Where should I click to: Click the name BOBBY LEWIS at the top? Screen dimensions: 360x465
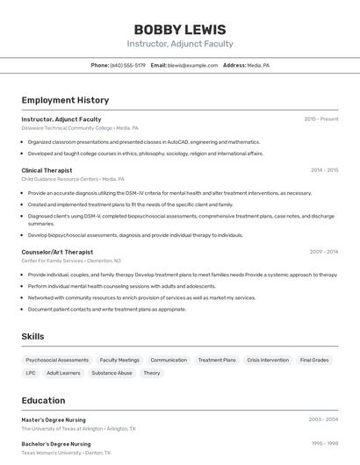click(x=180, y=30)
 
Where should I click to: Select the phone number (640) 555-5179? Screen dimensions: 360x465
click(x=127, y=65)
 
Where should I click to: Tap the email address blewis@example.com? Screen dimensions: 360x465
click(x=192, y=65)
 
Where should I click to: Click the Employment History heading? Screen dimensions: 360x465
click(x=65, y=100)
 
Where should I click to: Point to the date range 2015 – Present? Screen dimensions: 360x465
click(x=321, y=119)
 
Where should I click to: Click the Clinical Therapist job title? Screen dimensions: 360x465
click(x=47, y=170)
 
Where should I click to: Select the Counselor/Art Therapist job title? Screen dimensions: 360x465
click(x=57, y=252)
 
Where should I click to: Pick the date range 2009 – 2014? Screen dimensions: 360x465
click(x=324, y=252)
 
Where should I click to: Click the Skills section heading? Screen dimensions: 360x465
click(x=32, y=336)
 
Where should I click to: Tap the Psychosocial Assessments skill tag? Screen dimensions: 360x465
click(x=57, y=360)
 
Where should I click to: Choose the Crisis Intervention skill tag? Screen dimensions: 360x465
click(x=268, y=360)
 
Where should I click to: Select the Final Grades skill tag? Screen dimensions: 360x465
click(x=314, y=360)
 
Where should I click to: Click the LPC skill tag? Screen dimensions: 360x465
click(x=31, y=373)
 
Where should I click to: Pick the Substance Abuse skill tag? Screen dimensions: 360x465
click(x=112, y=373)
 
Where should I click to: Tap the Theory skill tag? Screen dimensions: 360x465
click(x=152, y=373)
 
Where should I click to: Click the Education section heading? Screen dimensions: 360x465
click(x=43, y=400)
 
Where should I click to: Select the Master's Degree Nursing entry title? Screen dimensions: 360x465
click(x=56, y=420)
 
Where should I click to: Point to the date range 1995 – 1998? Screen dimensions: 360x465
click(x=324, y=444)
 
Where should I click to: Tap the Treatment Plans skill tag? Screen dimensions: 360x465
click(x=217, y=360)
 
